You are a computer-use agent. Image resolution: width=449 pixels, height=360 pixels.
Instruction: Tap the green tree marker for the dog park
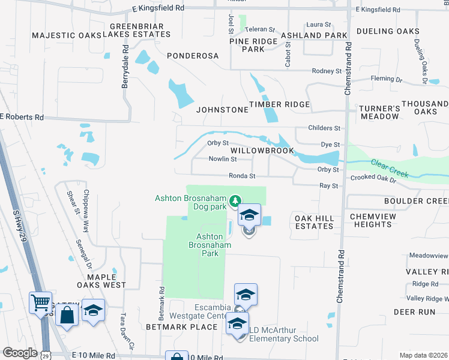(236, 200)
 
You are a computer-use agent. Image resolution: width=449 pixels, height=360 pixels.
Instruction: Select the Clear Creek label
(390, 168)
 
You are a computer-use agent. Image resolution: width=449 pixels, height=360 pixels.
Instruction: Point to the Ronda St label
(242, 176)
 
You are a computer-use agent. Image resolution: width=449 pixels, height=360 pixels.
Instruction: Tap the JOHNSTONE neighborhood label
(222, 110)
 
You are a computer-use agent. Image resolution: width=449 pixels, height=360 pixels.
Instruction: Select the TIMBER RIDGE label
(280, 104)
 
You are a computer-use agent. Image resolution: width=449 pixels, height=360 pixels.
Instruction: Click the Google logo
(20, 353)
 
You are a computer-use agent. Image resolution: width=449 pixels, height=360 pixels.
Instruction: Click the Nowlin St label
(223, 159)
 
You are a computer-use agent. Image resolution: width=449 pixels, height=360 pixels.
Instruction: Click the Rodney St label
(327, 71)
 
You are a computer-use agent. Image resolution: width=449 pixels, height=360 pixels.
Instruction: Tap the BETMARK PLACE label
(181, 327)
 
